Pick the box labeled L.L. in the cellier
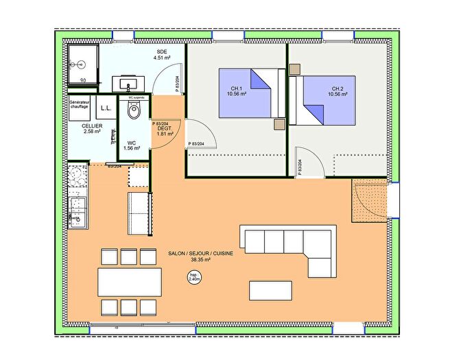pyautogui.click(x=106, y=108)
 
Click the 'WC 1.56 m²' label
pyautogui.click(x=132, y=145)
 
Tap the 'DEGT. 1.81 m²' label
pyautogui.click(x=165, y=130)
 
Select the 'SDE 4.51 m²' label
pyautogui.click(x=162, y=55)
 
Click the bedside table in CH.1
pyautogui.click(x=279, y=124)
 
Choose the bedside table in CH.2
pyautogui.click(x=295, y=69)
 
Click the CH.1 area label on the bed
pyautogui.click(x=238, y=91)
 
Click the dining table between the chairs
pyautogui.click(x=130, y=282)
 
